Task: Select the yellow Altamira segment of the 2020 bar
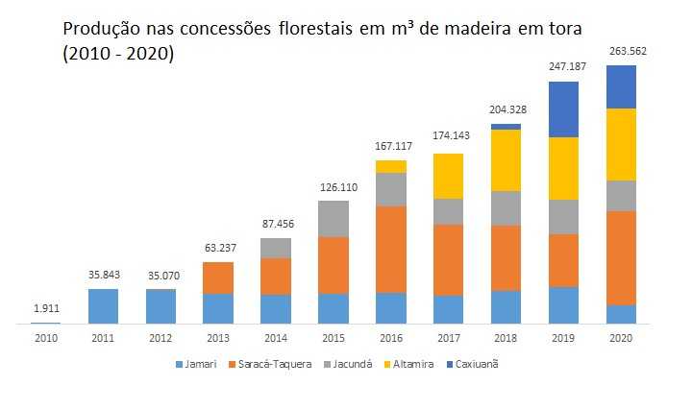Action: point(622,144)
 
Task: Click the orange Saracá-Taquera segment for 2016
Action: point(391,250)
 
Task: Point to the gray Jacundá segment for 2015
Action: point(334,219)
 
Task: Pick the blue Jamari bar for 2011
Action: point(103,305)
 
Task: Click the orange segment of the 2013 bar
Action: point(218,277)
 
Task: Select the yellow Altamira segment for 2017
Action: point(449,176)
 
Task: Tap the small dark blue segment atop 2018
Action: point(507,127)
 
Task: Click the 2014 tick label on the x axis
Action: point(276,337)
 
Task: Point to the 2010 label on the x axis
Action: point(45,337)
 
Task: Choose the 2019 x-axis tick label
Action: point(563,337)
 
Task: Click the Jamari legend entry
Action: point(197,364)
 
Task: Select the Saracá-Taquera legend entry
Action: point(275,364)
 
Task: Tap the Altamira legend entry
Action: point(414,364)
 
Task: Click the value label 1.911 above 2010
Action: point(45,309)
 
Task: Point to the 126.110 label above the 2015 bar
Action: point(334,186)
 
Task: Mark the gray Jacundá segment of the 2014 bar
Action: point(276,248)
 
